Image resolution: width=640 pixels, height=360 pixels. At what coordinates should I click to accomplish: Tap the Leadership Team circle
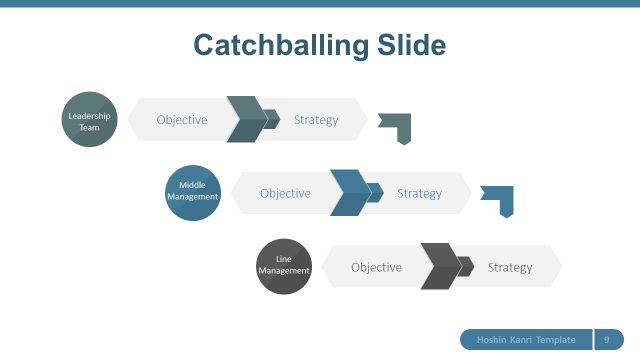(x=90, y=120)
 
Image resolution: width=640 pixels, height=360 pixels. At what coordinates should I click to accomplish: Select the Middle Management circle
(x=192, y=192)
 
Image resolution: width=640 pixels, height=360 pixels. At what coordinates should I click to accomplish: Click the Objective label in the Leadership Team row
(x=182, y=120)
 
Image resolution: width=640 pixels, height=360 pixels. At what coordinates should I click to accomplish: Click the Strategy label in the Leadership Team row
(x=316, y=120)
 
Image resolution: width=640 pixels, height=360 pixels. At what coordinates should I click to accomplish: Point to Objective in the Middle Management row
(x=285, y=193)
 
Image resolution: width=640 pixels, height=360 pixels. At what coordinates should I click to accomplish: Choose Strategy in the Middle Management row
(x=419, y=193)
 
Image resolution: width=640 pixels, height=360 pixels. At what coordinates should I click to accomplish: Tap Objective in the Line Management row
(x=376, y=267)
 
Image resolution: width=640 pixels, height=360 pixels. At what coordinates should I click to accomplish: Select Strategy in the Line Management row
(x=510, y=267)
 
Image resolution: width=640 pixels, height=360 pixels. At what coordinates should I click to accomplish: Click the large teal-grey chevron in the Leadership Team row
(x=245, y=120)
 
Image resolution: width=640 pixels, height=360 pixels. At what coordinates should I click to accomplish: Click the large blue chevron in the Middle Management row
(x=349, y=193)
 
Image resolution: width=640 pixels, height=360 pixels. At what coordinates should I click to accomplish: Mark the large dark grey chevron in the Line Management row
(x=439, y=267)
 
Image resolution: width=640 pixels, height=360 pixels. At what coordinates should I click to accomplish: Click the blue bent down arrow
(x=499, y=199)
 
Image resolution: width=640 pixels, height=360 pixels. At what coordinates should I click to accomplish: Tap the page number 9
(x=607, y=340)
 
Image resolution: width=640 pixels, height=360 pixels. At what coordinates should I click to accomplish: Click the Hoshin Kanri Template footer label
(x=526, y=340)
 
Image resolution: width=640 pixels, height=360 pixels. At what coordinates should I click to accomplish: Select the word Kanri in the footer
(x=525, y=340)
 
